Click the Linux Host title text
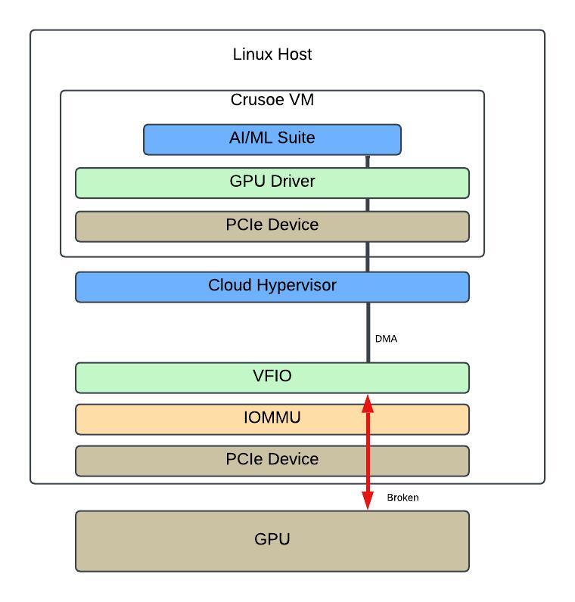[272, 54]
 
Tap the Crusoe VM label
[272, 100]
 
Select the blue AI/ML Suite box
[272, 140]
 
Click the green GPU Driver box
[272, 183]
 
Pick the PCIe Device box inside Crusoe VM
[272, 227]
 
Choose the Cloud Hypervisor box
[272, 287]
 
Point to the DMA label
[386, 339]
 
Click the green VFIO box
[272, 378]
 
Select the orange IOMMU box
[272, 419]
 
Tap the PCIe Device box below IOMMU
[272, 461]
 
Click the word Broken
[402, 498]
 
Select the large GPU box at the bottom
[272, 541]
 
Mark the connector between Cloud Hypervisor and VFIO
[368, 333]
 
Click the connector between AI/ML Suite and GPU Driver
[368, 162]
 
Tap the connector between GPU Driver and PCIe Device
[368, 205]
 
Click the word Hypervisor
[297, 286]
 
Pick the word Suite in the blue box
[296, 138]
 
